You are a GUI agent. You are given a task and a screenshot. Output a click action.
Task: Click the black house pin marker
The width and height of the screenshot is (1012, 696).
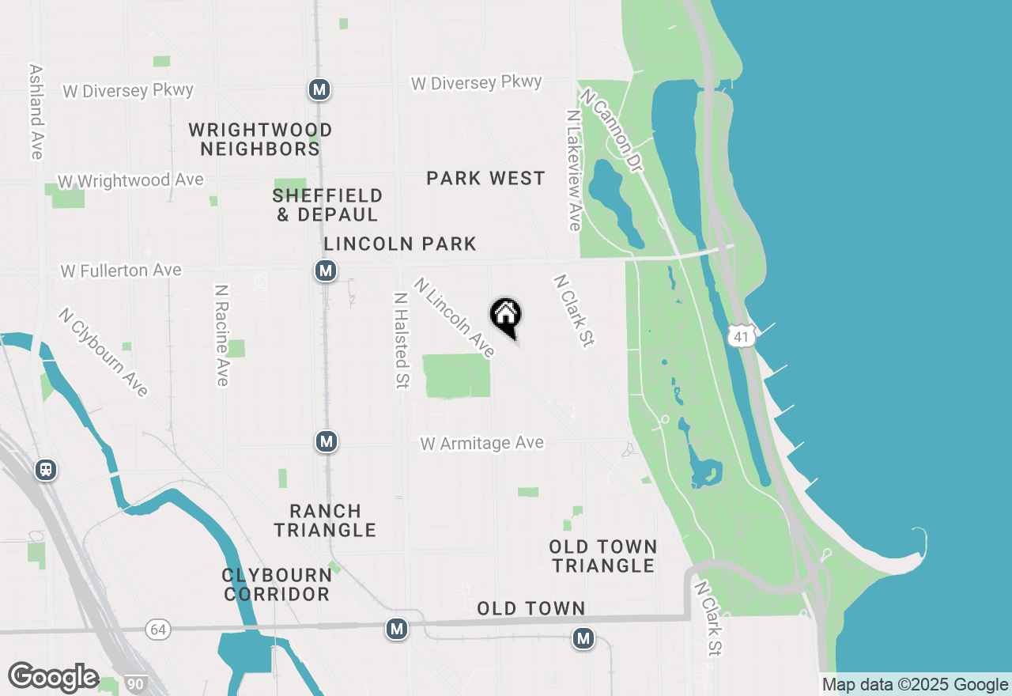pyautogui.click(x=506, y=316)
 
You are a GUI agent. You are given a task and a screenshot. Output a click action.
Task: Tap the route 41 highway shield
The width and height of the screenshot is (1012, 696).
pyautogui.click(x=742, y=337)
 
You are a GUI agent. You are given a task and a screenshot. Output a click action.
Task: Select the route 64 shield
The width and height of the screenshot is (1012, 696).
pyautogui.click(x=158, y=630)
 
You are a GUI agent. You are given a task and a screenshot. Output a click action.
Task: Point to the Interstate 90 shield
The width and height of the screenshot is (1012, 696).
pyautogui.click(x=134, y=683)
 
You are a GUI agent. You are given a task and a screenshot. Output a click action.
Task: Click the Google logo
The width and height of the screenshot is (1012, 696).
pyautogui.click(x=53, y=677)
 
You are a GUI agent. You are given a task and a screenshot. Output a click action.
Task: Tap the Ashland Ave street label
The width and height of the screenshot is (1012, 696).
pyautogui.click(x=36, y=112)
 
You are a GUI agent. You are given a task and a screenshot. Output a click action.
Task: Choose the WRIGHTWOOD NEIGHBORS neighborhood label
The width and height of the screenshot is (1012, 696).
pyautogui.click(x=260, y=139)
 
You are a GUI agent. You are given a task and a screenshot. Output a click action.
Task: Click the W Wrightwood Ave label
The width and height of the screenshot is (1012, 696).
pyautogui.click(x=130, y=181)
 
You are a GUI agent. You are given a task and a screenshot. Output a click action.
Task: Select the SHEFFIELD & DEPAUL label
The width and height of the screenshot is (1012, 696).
pyautogui.click(x=327, y=205)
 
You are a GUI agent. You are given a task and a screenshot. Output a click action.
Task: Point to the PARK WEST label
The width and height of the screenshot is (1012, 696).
pyautogui.click(x=485, y=179)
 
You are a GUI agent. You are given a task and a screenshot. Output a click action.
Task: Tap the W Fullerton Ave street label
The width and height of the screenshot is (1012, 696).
pyautogui.click(x=121, y=270)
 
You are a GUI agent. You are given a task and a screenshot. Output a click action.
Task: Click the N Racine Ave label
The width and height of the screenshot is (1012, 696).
pyautogui.click(x=221, y=335)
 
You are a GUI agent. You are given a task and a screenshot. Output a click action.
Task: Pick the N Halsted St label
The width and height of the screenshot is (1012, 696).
pyautogui.click(x=402, y=340)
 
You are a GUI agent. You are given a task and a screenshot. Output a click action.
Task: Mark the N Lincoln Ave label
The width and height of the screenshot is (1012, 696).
pyautogui.click(x=455, y=316)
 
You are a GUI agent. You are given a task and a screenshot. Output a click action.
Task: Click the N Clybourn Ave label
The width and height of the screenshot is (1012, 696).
pyautogui.click(x=103, y=352)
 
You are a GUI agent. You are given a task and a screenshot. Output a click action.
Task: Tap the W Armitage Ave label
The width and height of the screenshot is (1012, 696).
pyautogui.click(x=482, y=443)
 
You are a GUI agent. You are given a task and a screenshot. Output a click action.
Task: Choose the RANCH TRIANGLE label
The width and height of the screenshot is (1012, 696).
pyautogui.click(x=325, y=520)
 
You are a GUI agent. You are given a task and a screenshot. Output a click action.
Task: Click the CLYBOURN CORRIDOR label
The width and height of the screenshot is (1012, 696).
pyautogui.click(x=276, y=584)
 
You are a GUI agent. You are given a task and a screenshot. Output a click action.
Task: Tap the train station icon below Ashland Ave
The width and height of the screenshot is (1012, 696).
pyautogui.click(x=46, y=470)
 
